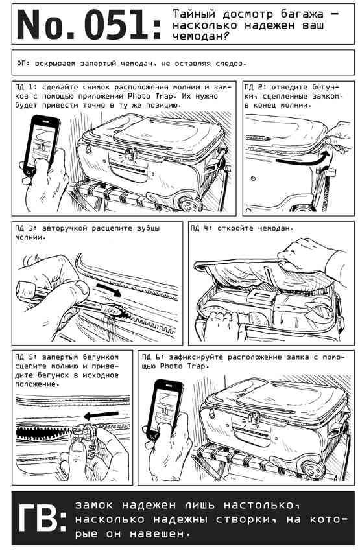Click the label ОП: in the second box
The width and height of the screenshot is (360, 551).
(x=24, y=64)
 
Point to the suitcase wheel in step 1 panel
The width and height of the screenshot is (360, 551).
(x=188, y=204)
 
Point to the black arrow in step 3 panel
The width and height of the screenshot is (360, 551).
(x=109, y=289)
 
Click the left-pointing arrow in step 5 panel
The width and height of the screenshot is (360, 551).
(x=101, y=416)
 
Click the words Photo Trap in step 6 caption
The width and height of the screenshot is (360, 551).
(x=183, y=366)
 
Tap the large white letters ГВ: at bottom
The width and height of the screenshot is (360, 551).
(x=42, y=519)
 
